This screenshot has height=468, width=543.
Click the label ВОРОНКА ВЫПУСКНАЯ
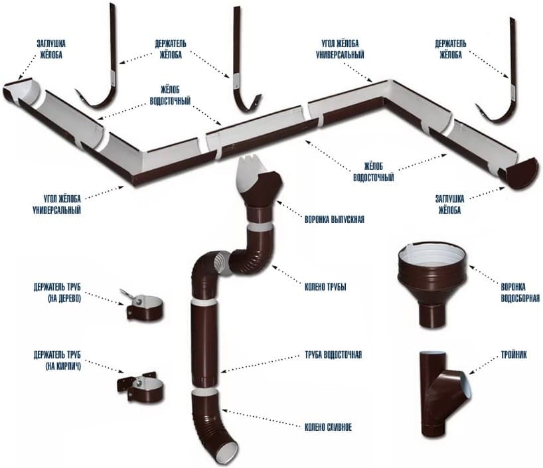click(334, 220)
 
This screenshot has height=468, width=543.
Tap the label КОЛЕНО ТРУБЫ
click(325, 287)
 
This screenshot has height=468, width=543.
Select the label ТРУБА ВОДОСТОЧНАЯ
click(333, 354)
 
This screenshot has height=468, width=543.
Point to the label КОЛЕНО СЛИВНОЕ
click(328, 427)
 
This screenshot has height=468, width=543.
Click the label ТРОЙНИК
click(514, 354)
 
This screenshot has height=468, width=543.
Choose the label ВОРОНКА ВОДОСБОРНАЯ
click(520, 292)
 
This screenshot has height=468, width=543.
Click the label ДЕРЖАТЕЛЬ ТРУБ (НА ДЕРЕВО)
click(57, 293)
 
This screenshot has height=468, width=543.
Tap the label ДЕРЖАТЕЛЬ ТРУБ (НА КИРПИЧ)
click(57, 360)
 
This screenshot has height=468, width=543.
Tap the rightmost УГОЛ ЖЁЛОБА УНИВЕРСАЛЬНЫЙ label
click(340, 49)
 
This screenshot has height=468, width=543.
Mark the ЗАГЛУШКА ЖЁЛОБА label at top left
click(51, 49)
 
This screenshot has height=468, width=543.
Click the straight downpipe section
click(204, 344)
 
